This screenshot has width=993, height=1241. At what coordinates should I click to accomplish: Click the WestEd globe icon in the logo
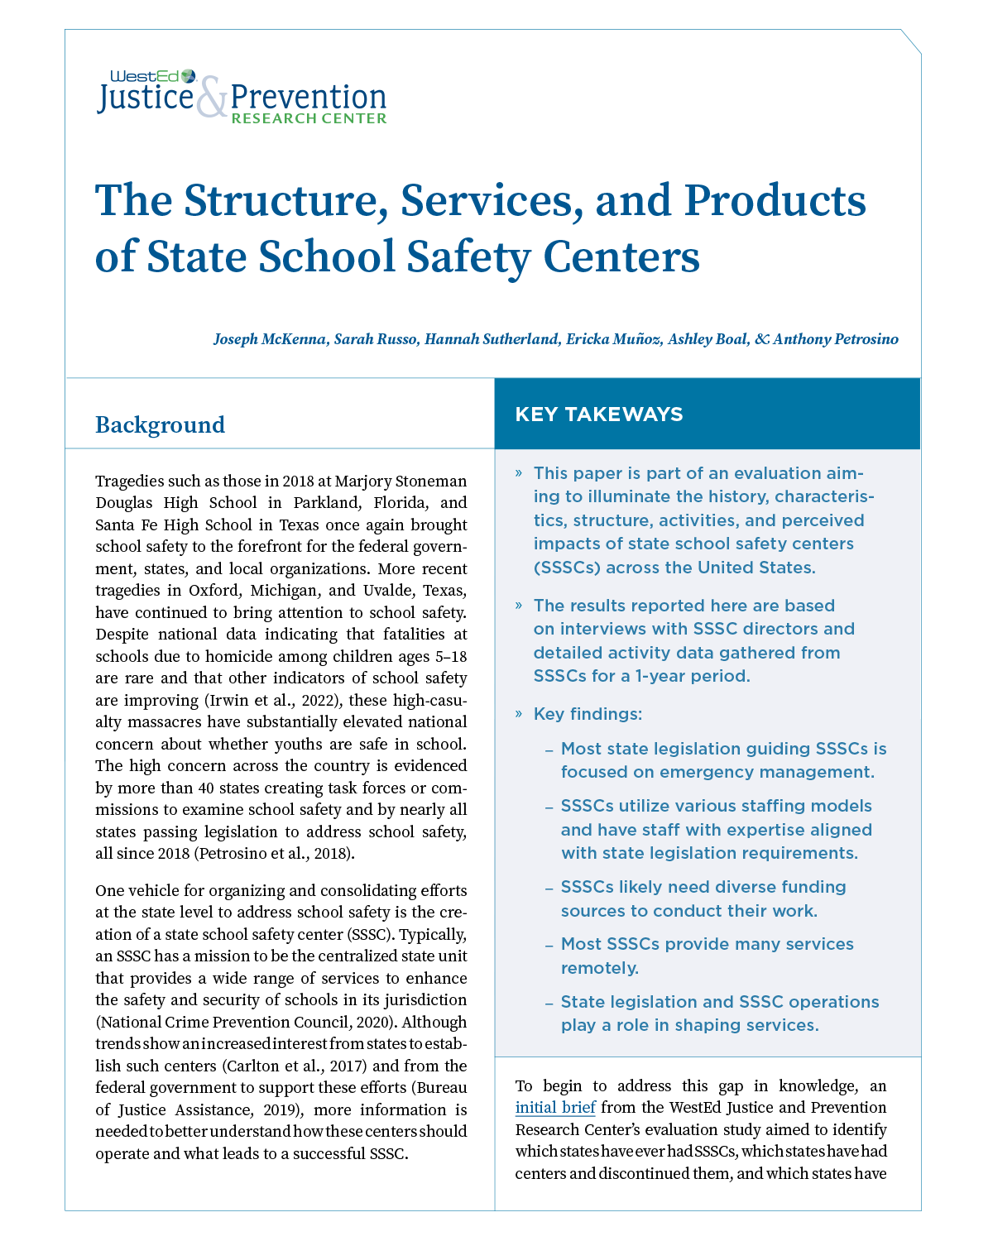coord(189,76)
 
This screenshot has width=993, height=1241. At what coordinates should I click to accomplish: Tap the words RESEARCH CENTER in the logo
coord(309,118)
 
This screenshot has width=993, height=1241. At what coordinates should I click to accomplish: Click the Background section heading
coord(160,424)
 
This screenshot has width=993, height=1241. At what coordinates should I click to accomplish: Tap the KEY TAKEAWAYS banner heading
coord(599,414)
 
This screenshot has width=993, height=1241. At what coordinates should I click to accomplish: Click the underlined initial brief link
coord(554,1108)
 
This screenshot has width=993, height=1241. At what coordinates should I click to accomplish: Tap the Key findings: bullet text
coord(588,714)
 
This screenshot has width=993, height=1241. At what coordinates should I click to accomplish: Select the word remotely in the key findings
coord(600,967)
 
